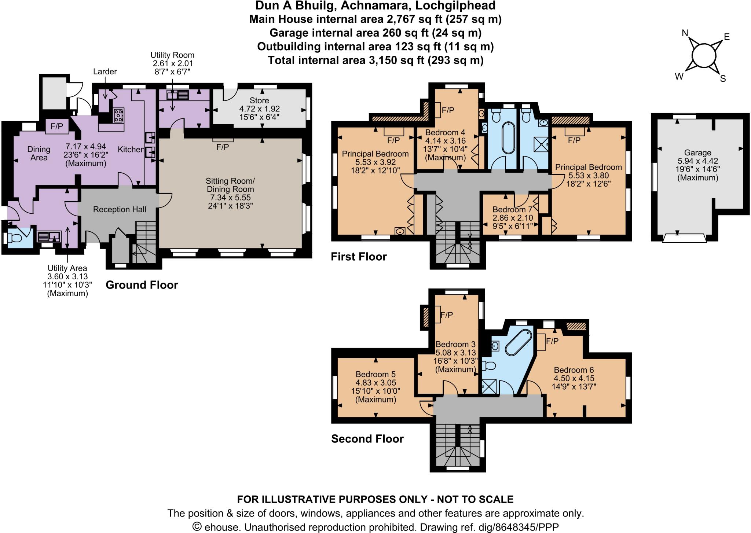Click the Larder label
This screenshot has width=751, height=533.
[105, 71]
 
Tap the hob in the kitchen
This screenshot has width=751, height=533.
[119, 115]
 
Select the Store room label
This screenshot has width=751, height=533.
[259, 100]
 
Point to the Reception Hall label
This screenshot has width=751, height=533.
[120, 209]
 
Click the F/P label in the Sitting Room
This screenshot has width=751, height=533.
[223, 147]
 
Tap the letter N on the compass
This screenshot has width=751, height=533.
[685, 33]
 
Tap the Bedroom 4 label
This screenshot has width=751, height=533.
[442, 132]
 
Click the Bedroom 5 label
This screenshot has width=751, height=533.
[375, 374]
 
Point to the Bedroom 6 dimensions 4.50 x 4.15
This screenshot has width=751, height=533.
[574, 378]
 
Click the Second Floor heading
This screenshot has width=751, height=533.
[367, 439]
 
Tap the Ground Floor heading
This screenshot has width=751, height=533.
[142, 285]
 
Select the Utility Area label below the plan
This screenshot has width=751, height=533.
[67, 268]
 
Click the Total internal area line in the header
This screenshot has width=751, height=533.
[375, 60]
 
